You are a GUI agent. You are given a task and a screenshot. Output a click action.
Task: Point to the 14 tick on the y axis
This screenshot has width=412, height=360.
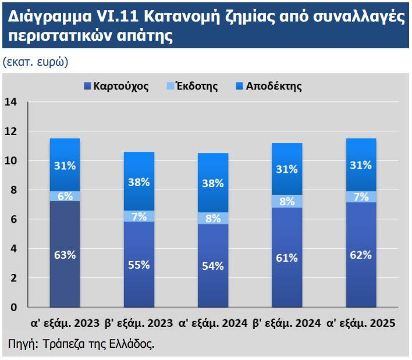pos(12,102)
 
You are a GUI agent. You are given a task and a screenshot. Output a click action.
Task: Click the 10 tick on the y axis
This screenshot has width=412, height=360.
pos(12,161)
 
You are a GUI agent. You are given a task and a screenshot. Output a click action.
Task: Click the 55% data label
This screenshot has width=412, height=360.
pos(138,265)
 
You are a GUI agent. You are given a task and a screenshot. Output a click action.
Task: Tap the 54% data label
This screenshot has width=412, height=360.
pos(213,266)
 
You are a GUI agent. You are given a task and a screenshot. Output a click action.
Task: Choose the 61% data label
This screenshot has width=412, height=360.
pos(287,258)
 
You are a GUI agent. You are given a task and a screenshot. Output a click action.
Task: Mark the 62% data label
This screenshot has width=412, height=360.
pos(361,255)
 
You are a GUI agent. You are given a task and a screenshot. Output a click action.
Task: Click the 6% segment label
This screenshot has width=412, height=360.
pos(65,196)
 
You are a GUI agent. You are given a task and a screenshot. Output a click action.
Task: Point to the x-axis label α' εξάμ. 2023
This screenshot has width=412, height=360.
pos(65,323)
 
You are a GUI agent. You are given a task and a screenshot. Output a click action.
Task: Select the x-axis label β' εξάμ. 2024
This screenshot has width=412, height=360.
pos(287,323)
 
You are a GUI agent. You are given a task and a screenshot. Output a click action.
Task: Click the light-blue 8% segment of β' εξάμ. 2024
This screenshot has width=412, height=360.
pos(287,201)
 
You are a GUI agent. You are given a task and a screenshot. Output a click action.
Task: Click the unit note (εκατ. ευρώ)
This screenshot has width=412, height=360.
pos(35,62)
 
